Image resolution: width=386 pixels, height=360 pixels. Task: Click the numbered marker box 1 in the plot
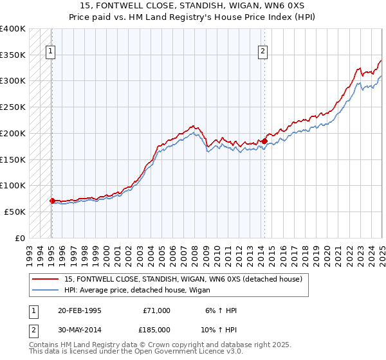pyautogui.click(x=50, y=53)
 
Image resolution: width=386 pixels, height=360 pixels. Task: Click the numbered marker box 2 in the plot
pyautogui.click(x=264, y=53)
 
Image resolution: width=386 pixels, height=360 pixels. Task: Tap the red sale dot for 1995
pyautogui.click(x=52, y=201)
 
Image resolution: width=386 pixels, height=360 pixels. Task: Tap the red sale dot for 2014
pyautogui.click(x=264, y=141)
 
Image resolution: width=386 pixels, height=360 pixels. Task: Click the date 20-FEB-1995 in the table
pyautogui.click(x=80, y=310)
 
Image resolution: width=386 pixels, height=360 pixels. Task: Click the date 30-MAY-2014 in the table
pyautogui.click(x=80, y=329)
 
